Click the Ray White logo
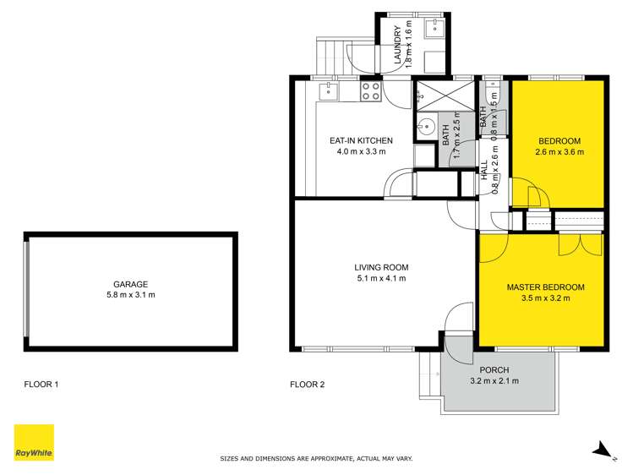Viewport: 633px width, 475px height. [x=34, y=442]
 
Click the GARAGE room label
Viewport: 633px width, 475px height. [x=131, y=284]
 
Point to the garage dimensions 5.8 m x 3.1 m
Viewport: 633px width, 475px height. [x=131, y=295]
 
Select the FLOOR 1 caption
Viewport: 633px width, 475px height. [x=41, y=385]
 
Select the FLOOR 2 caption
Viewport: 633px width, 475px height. [x=308, y=385]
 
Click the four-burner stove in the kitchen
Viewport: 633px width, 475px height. [x=371, y=90]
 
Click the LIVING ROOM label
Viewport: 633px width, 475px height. [x=381, y=267]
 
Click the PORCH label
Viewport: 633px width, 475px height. [x=494, y=370]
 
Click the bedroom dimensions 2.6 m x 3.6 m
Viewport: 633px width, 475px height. [x=559, y=152]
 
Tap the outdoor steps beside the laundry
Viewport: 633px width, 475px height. [x=331, y=55]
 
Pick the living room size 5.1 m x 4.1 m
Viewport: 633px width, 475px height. [x=381, y=278]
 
